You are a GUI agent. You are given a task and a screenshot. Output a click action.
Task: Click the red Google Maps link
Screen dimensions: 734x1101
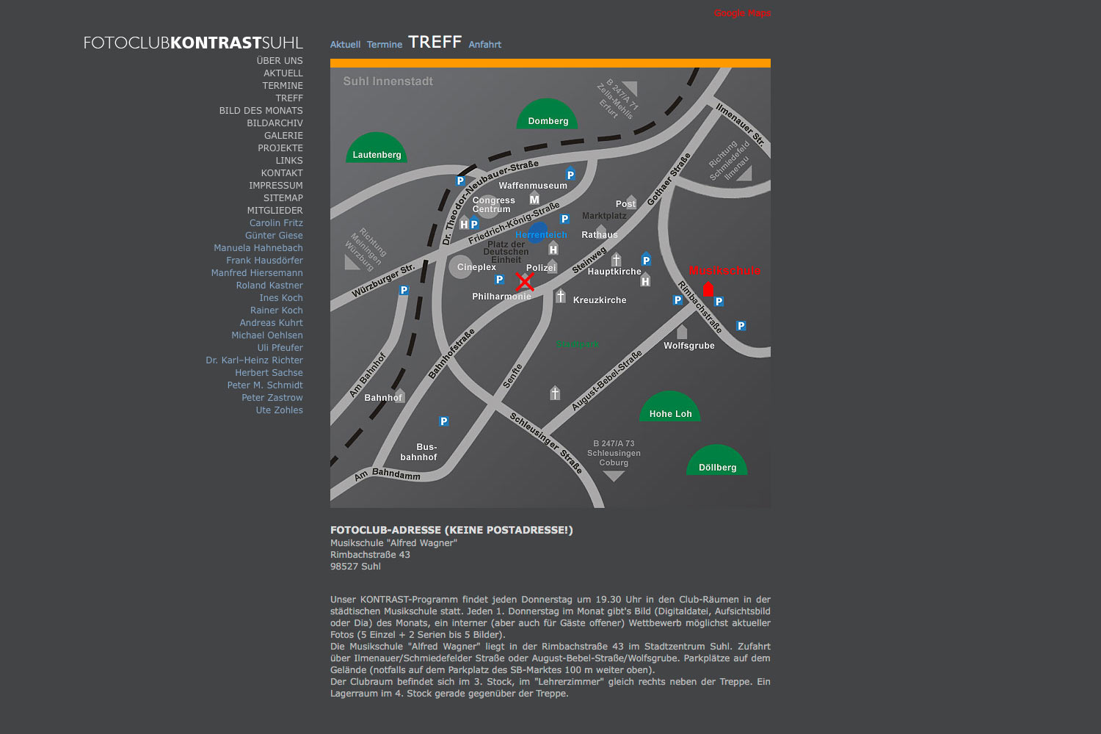point(742,13)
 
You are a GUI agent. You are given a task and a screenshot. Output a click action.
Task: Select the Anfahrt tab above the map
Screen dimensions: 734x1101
point(484,45)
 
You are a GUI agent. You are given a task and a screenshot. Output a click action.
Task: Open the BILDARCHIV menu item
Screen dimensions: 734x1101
point(275,123)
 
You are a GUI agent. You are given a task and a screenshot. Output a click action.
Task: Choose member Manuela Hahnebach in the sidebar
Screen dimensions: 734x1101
point(258,248)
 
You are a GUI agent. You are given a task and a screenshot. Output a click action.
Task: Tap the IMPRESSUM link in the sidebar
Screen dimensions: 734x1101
point(275,186)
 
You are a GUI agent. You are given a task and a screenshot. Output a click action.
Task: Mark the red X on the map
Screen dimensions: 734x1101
point(524,282)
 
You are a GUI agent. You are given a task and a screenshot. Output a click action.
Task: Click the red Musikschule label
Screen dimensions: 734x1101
point(724,271)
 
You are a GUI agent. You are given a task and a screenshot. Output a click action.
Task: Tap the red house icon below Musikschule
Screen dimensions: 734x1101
point(708,288)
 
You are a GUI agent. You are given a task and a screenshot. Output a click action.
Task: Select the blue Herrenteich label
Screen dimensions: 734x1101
point(541,235)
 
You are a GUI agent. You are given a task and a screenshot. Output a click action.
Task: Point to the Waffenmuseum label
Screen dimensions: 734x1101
point(533,186)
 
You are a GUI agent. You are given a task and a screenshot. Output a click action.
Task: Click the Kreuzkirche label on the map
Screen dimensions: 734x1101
point(600,300)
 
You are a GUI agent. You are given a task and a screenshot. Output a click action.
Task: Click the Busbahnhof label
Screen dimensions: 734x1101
point(419,452)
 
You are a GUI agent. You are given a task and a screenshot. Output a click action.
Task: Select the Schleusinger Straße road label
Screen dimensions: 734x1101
point(546,443)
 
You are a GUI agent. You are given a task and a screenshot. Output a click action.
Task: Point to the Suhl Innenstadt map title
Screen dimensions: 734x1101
point(388,81)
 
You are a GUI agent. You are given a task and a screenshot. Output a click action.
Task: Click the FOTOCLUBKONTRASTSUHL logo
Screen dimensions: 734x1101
point(192,43)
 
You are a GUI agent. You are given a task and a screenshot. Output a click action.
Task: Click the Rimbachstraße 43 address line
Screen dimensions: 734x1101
point(370,555)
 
